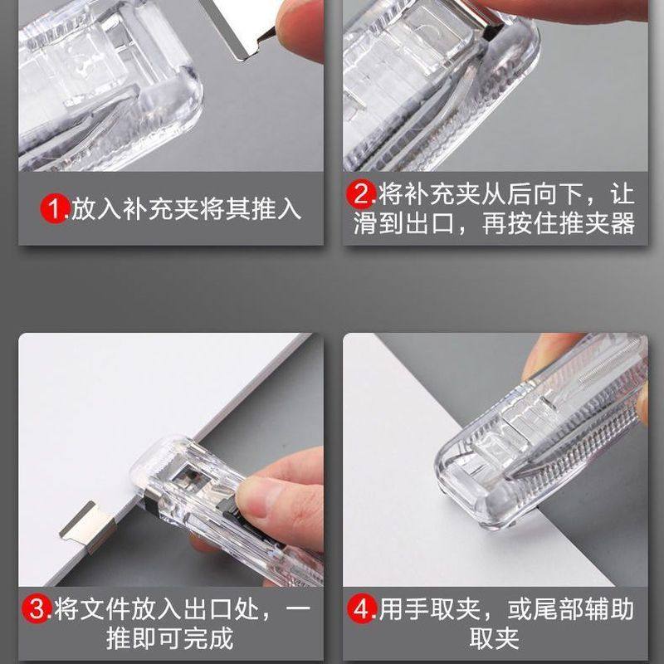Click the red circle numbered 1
[55, 208]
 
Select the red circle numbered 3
[38, 610]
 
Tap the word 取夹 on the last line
[495, 638]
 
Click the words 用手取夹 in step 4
[438, 610]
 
